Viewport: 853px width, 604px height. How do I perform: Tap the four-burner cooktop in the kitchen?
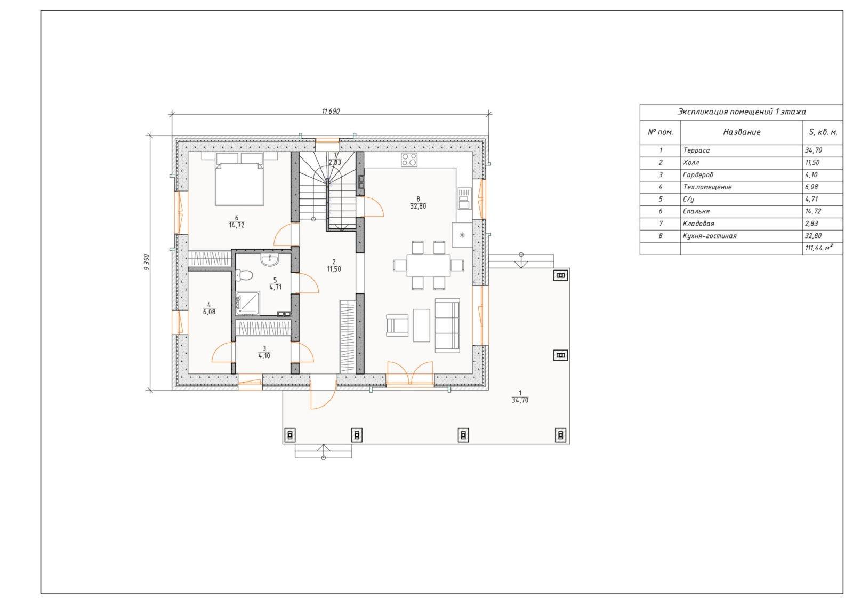(x=409, y=160)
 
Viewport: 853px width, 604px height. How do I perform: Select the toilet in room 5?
(x=244, y=275)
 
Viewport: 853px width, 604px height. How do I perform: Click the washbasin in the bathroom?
(x=270, y=260)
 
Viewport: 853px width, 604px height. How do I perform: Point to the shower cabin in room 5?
(x=248, y=304)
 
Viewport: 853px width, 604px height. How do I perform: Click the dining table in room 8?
(x=429, y=265)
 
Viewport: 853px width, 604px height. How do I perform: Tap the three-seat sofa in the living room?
(x=447, y=325)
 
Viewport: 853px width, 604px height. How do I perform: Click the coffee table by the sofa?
(x=422, y=325)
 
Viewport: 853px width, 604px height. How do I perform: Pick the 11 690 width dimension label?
(x=331, y=112)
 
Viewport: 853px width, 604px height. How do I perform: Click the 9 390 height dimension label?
(x=147, y=262)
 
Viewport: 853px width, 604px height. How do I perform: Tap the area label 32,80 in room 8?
(x=418, y=206)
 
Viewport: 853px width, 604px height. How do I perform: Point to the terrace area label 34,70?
(x=520, y=401)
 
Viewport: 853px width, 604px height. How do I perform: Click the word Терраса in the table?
(x=696, y=150)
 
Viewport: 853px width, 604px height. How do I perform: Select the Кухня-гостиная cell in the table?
(x=710, y=236)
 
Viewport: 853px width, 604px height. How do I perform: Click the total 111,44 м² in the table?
(x=819, y=248)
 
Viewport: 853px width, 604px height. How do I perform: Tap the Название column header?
(x=742, y=132)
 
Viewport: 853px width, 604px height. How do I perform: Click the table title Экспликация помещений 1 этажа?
(x=742, y=112)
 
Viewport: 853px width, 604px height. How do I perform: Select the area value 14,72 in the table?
(x=813, y=211)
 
